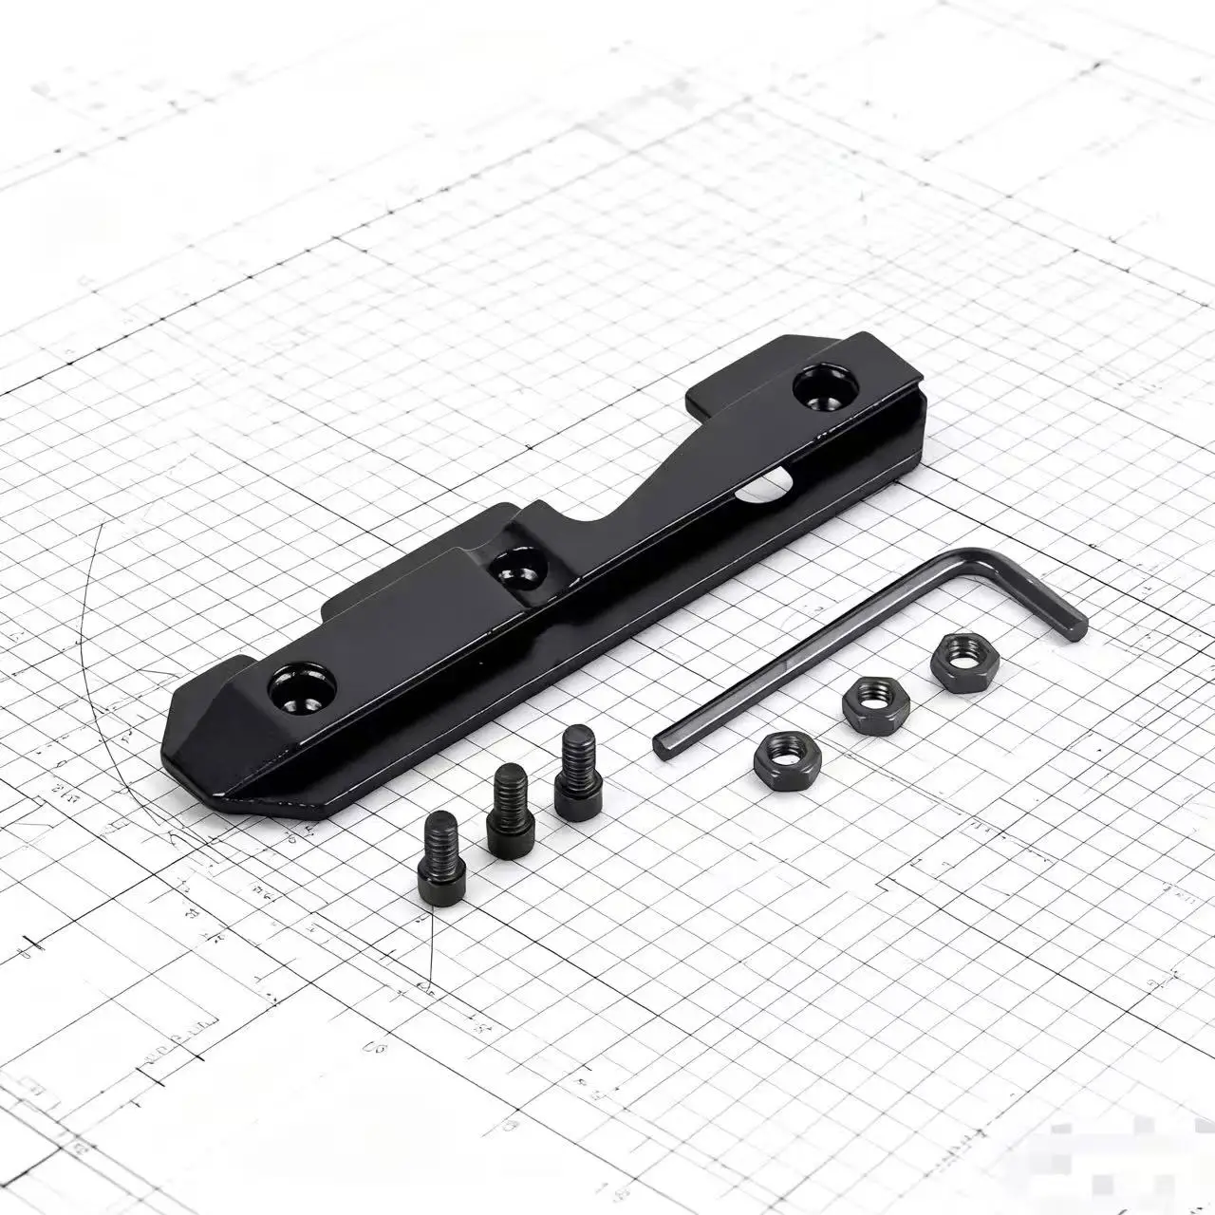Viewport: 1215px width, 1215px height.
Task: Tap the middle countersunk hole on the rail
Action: pyautogui.click(x=516, y=569)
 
